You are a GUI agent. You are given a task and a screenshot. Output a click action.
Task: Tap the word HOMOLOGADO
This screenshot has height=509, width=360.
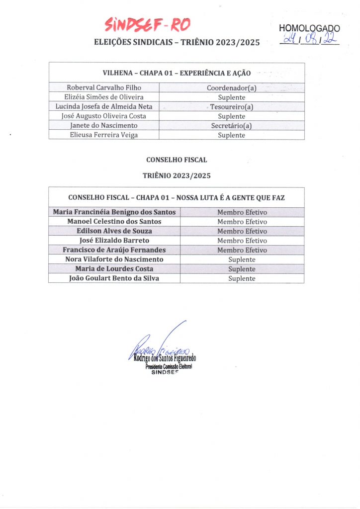click(310, 28)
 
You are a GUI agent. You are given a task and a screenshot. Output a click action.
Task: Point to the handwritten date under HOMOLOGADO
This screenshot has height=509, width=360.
click(309, 39)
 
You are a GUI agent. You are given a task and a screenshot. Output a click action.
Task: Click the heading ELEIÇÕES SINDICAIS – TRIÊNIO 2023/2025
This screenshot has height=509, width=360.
click(177, 43)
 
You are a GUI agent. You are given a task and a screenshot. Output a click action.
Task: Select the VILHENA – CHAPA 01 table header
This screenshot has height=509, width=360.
click(177, 73)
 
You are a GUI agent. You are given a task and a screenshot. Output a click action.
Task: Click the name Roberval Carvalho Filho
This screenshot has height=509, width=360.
click(104, 87)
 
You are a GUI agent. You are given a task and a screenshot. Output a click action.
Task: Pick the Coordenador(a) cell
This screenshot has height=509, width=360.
click(231, 88)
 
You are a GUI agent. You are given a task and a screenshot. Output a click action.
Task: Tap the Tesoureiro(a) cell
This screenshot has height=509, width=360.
click(231, 107)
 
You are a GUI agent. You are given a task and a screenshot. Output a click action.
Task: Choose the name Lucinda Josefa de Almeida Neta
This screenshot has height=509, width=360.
click(104, 107)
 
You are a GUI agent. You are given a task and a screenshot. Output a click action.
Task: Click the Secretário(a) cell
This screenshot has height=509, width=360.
click(231, 126)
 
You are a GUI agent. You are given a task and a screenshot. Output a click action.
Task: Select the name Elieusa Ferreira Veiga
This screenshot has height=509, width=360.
click(104, 135)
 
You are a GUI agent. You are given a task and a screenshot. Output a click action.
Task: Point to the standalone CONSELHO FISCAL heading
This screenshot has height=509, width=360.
click(177, 160)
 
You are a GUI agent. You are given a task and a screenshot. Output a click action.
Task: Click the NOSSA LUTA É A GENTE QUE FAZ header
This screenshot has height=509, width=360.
click(177, 197)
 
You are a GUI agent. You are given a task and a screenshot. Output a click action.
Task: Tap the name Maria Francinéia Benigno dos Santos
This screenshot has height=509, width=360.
click(114, 212)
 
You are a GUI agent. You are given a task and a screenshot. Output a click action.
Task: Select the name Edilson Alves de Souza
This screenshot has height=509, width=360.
click(114, 231)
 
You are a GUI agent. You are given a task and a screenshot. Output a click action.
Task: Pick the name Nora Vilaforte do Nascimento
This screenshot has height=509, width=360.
click(114, 259)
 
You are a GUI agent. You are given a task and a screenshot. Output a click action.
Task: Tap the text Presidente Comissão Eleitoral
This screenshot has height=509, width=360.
click(169, 366)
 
